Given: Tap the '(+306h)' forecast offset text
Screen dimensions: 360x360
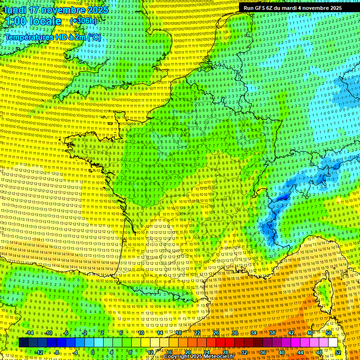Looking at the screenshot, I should coord(83,21).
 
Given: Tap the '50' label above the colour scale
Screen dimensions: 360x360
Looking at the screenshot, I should coord(329,333).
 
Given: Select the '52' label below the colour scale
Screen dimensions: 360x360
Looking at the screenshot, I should coord(338,352).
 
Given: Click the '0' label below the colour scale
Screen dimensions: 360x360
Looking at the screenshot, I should coord(93,352).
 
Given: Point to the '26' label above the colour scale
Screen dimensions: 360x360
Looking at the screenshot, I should coord(216,333).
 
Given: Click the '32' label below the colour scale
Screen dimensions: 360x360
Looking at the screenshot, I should coord(244,352).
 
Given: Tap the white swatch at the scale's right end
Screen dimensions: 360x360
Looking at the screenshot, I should coord(333,343).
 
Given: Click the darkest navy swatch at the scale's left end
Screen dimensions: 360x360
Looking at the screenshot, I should coord(23,343).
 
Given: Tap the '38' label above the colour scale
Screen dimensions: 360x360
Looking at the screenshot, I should coord(272,333).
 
